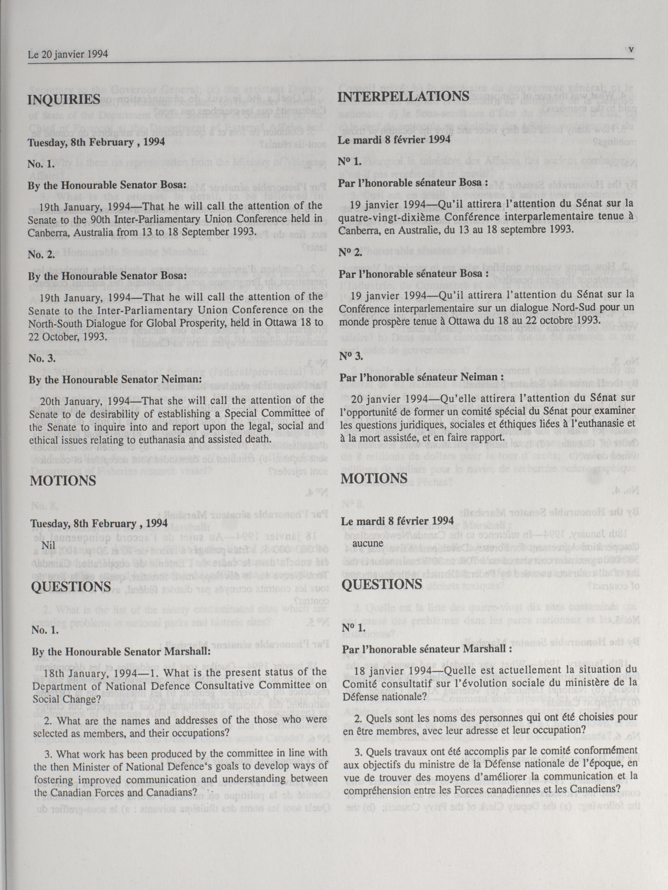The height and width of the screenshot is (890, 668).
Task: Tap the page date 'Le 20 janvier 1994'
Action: pyautogui.click(x=68, y=54)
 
